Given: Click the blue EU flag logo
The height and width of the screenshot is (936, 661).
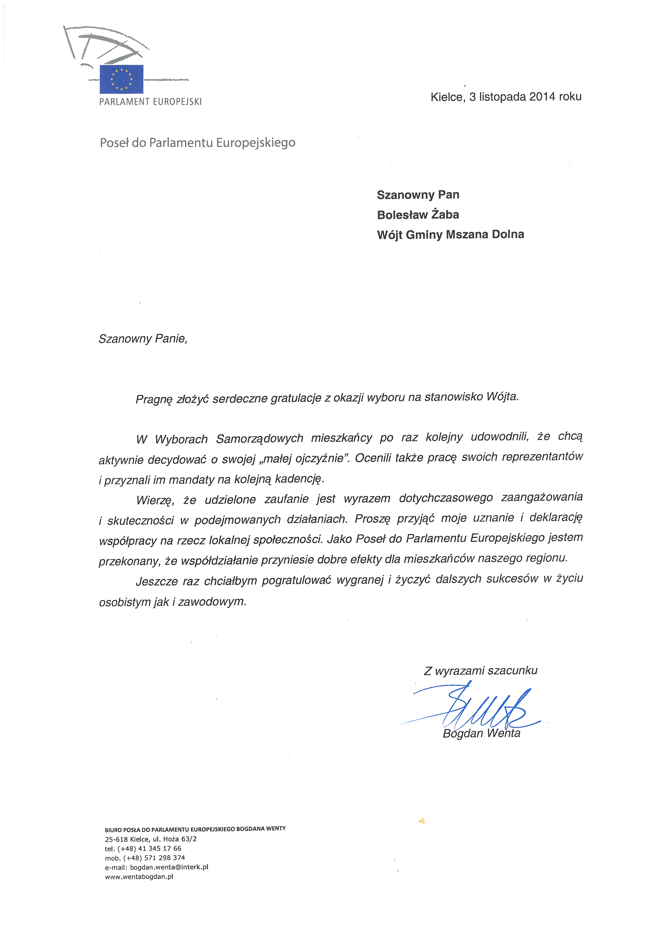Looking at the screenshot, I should pyautogui.click(x=121, y=79).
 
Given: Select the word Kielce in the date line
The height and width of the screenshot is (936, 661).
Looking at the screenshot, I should pyautogui.click(x=447, y=97).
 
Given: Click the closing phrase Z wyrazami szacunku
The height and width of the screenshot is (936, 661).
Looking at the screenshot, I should pyautogui.click(x=481, y=671).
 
